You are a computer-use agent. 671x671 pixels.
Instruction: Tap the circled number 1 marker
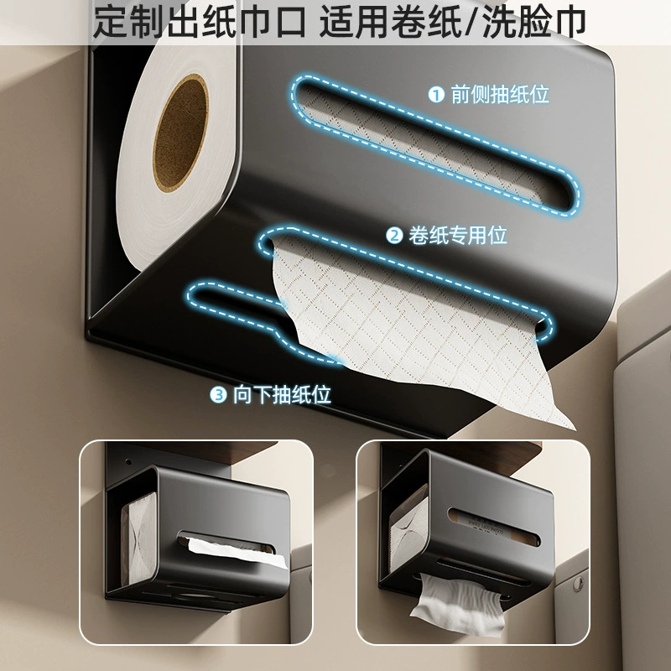[436, 94]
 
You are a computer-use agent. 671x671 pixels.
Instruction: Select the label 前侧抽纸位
[500, 94]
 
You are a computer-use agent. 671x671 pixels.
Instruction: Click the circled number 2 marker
[394, 236]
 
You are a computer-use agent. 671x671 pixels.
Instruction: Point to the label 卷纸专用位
[458, 236]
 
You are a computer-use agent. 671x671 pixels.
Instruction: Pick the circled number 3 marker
[218, 394]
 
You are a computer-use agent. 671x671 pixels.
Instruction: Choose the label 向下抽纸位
[282, 394]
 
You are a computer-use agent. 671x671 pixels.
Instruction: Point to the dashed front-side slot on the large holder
[435, 144]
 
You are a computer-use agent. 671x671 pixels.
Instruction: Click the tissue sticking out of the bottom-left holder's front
[238, 551]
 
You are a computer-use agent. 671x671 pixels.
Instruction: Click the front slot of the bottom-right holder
[494, 527]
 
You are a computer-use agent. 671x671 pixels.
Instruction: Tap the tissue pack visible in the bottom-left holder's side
[138, 540]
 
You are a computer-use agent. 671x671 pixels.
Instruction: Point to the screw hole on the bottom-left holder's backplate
[128, 462]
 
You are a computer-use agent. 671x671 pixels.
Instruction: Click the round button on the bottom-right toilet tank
[578, 583]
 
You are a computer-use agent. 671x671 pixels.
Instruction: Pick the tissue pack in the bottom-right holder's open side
[408, 533]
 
